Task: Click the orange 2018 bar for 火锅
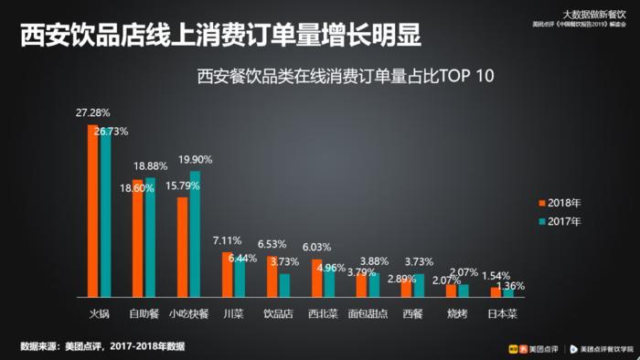pyautogui.click(x=92, y=211)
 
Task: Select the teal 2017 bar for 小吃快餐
pyautogui.click(x=195, y=235)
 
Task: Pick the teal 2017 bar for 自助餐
pyautogui.click(x=150, y=238)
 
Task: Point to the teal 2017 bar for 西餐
pyautogui.click(x=419, y=286)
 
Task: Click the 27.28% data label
pyautogui.click(x=92, y=113)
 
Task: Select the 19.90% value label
pyautogui.click(x=196, y=159)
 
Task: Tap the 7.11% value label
pyautogui.click(x=228, y=240)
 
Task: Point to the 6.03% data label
pyautogui.click(x=316, y=247)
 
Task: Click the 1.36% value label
pyautogui.click(x=510, y=286)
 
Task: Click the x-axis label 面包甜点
pyautogui.click(x=368, y=313)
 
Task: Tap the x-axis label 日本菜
pyautogui.click(x=502, y=313)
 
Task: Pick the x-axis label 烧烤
pyautogui.click(x=457, y=313)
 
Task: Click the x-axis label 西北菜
pyautogui.click(x=322, y=313)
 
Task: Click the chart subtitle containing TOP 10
pyautogui.click(x=345, y=76)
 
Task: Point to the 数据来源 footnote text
pyautogui.click(x=102, y=346)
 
